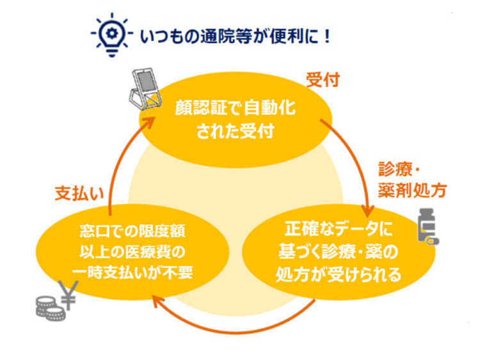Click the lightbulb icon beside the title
click(x=112, y=35)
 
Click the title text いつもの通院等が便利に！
click(x=236, y=36)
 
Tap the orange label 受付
click(x=323, y=80)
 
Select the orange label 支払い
click(x=79, y=193)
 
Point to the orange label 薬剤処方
click(x=412, y=191)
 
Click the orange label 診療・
click(x=399, y=169)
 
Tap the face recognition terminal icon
click(x=145, y=89)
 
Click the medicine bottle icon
click(x=428, y=226)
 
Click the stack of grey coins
click(x=51, y=308)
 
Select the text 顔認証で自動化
click(x=235, y=107)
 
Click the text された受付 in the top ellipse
click(x=235, y=132)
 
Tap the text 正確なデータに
click(x=339, y=228)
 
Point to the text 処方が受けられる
click(x=339, y=274)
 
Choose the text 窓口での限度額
click(x=132, y=231)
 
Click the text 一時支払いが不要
click(x=132, y=272)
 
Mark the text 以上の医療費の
click(x=132, y=252)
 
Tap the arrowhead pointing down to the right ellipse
click(x=368, y=211)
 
